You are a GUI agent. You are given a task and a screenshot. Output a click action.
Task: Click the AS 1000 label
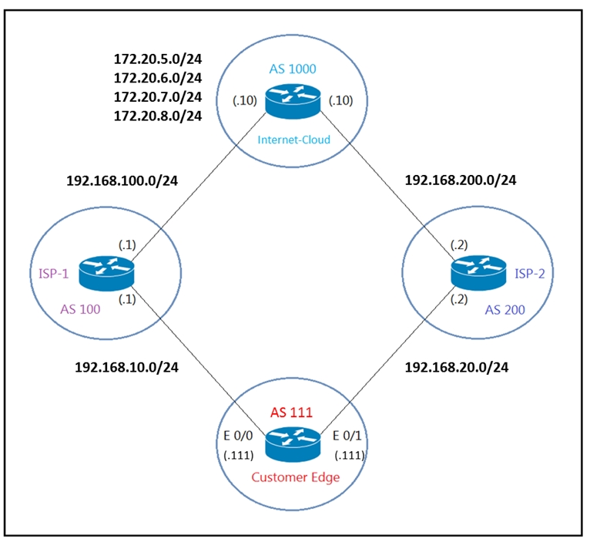[293, 69]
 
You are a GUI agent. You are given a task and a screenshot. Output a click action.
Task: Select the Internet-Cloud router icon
[293, 101]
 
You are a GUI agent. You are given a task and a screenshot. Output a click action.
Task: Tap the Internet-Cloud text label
[294, 140]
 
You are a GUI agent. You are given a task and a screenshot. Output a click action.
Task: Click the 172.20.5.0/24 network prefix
[158, 59]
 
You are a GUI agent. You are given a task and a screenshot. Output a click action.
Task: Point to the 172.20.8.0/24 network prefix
[158, 116]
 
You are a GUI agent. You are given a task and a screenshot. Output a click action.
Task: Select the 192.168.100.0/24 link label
[122, 180]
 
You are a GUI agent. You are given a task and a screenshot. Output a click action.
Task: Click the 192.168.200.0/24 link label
[460, 180]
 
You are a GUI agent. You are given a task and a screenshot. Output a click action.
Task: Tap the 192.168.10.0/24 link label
[126, 367]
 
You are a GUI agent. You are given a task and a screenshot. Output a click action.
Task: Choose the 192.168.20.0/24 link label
[457, 367]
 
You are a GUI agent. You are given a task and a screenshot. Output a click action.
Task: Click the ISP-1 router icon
[106, 274]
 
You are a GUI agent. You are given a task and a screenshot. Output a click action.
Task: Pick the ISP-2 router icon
[478, 273]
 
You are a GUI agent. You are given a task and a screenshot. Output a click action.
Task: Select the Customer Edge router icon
[293, 444]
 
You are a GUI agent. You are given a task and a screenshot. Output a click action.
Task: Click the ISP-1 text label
[54, 274]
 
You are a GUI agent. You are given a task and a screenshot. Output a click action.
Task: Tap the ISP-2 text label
[529, 274]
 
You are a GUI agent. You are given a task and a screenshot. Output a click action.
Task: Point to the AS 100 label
[80, 309]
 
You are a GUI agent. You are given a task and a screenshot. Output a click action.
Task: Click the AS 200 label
[505, 310]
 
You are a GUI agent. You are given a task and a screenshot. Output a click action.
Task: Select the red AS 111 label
[291, 413]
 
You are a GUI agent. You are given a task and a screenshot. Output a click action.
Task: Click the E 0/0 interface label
[238, 436]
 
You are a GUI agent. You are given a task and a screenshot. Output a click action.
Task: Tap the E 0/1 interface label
[347, 436]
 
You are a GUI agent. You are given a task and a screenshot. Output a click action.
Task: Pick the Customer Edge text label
[295, 477]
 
